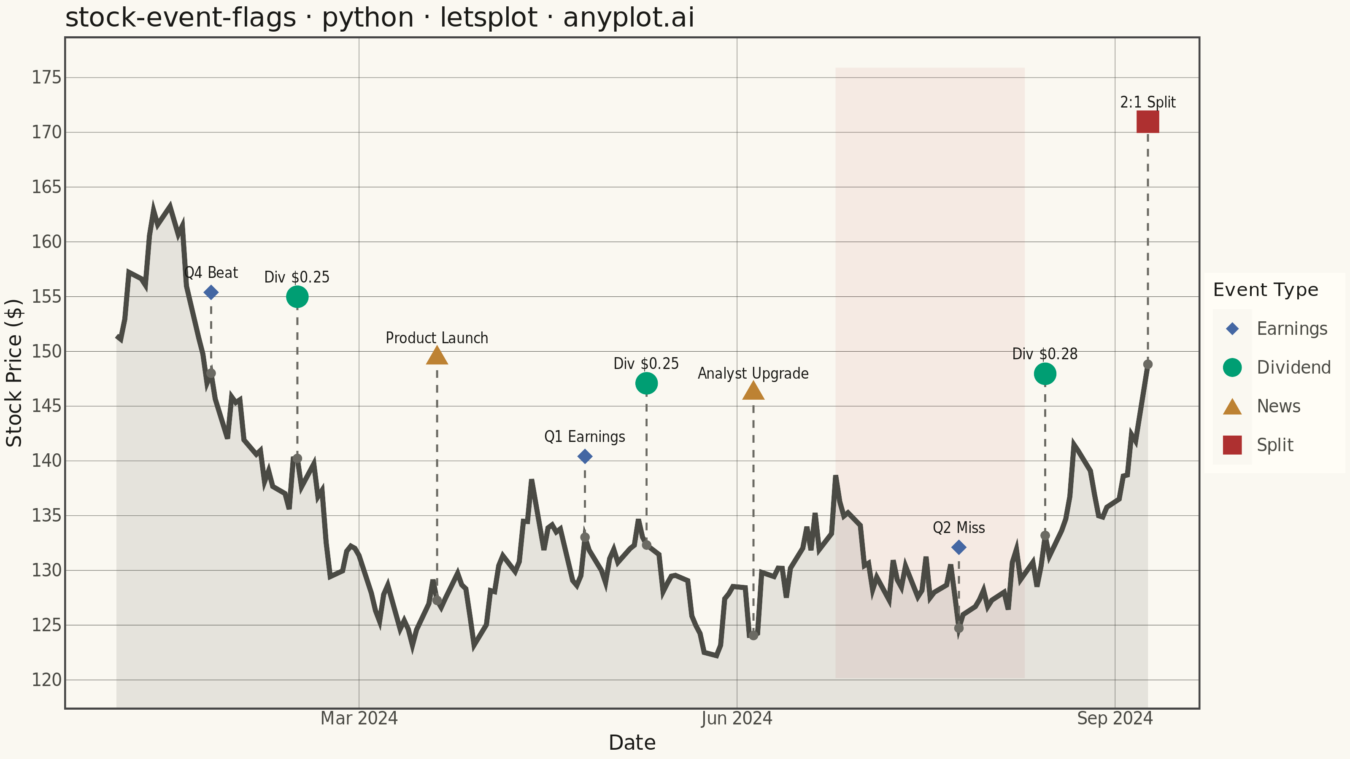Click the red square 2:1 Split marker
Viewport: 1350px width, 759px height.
[1147, 121]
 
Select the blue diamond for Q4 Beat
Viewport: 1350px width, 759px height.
[211, 292]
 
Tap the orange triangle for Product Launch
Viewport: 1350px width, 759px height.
[437, 355]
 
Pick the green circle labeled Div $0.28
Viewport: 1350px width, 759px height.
[1045, 374]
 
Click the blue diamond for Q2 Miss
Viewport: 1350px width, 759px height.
[958, 547]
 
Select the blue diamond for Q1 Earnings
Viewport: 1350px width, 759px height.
[585, 456]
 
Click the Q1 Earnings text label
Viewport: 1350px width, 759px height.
[585, 437]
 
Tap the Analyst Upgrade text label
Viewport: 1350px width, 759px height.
[753, 374]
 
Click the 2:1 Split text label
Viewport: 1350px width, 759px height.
[1147, 102]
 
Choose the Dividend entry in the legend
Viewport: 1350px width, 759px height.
[1277, 367]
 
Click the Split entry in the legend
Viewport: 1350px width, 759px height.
[1258, 445]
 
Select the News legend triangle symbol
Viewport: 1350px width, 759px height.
[1232, 406]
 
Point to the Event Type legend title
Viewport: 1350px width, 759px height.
[1266, 290]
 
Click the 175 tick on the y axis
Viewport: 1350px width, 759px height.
[47, 78]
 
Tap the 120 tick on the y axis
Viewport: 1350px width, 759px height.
[47, 680]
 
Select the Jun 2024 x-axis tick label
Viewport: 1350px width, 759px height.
[737, 718]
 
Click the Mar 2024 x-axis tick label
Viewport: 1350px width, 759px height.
[359, 718]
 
